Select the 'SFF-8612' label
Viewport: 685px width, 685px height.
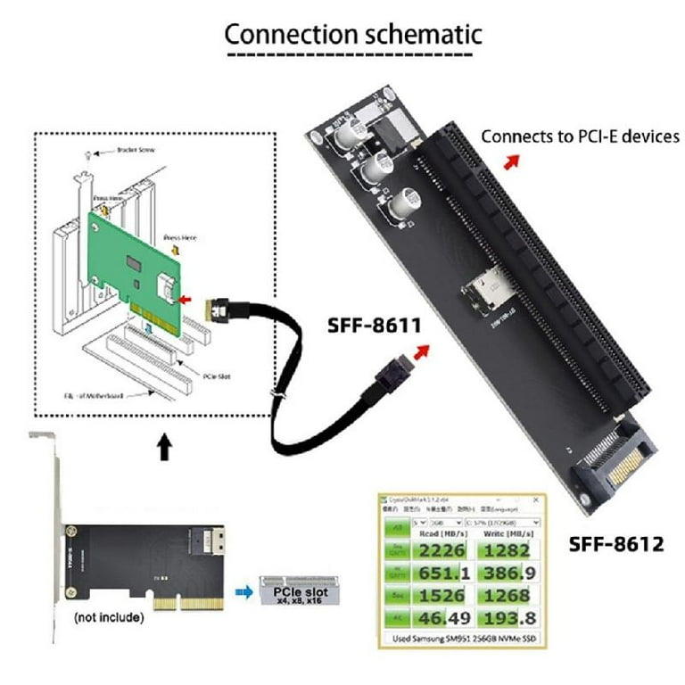[x=616, y=543]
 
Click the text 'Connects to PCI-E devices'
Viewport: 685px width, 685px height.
[x=581, y=136]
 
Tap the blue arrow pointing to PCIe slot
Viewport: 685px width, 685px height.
[x=241, y=590]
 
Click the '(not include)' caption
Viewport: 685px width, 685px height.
[x=105, y=615]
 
